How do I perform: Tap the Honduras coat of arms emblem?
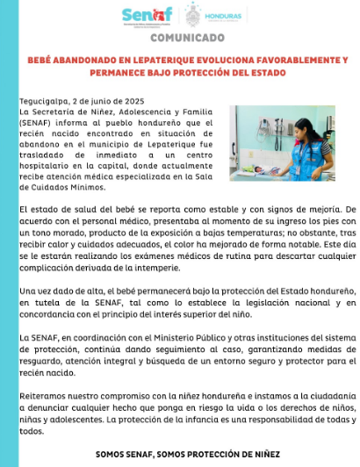point(195,15)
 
